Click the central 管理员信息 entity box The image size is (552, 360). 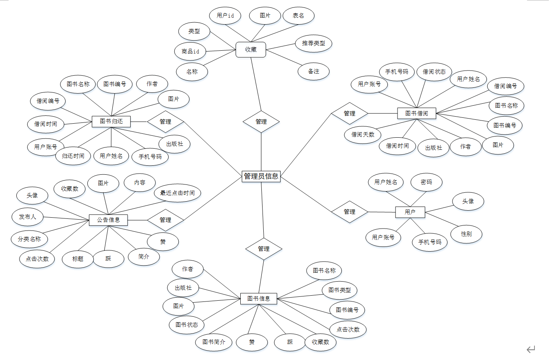pos(261,176)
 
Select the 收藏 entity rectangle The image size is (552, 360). pos(251,50)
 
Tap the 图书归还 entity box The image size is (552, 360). pos(111,121)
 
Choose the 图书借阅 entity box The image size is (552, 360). pos(417,113)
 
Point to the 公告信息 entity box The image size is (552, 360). pos(108,220)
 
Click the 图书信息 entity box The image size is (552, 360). pos(259,299)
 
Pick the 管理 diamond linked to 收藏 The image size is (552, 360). pos(261,122)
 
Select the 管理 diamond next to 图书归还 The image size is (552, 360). pos(165,122)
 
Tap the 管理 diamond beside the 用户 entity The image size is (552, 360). pos(350,212)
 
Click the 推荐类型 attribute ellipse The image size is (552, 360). pos(314,43)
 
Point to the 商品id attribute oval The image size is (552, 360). pos(190,51)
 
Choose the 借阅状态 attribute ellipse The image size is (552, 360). pos(434,72)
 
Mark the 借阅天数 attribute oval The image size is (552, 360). pos(363,135)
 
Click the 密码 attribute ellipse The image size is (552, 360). pos(426,182)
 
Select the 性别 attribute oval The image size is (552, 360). pos(467,234)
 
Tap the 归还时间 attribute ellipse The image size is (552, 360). pos(73,156)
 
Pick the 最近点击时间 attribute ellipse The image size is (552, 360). pos(177,193)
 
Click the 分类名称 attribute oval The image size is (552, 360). pos(29,239)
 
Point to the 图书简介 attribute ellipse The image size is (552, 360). pos(214,342)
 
